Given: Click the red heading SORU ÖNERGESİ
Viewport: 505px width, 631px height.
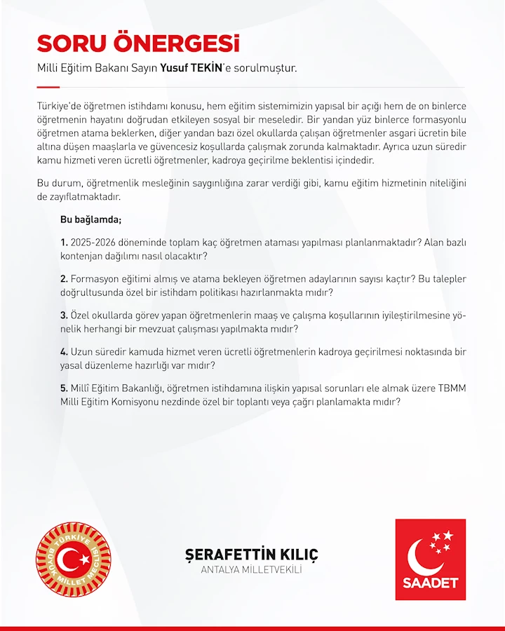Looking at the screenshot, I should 138,43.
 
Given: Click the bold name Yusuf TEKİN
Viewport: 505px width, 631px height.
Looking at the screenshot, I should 190,69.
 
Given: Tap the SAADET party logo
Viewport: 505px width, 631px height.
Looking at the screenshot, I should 430,559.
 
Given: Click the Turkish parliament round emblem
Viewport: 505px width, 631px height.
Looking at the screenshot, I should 74,559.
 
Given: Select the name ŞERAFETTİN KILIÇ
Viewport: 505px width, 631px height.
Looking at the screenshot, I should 251,555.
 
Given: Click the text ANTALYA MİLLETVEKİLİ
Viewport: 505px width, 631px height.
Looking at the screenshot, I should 251,570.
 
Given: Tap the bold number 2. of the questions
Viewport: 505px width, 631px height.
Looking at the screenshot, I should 64,278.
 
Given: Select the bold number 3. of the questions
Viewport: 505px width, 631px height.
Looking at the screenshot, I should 64,315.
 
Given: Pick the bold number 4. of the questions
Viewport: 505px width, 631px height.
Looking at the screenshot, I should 64,351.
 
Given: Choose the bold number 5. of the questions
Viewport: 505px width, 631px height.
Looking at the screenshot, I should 64,388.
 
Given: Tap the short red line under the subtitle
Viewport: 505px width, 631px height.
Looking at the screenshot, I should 48,87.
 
